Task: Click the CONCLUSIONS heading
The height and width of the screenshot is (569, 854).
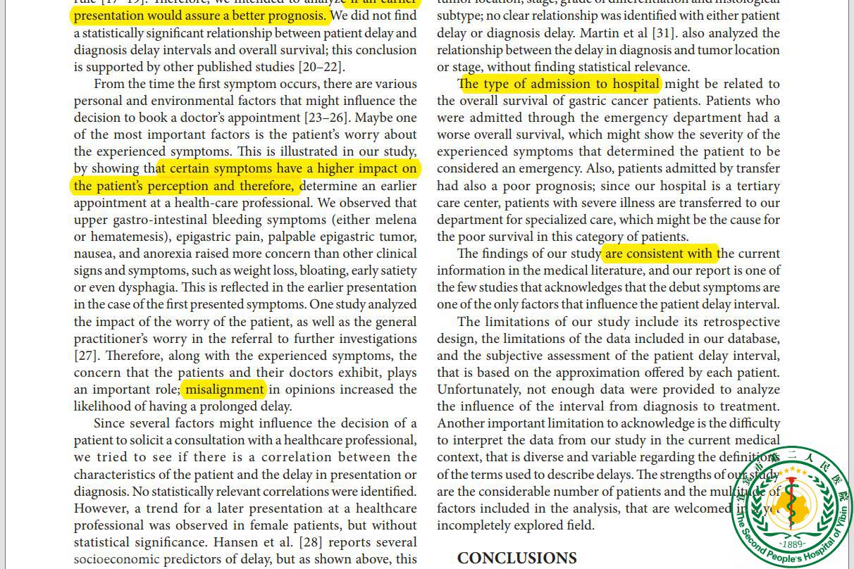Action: coord(516,558)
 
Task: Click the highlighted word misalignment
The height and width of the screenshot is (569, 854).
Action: coord(225,389)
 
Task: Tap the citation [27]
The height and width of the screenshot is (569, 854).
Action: coord(87,356)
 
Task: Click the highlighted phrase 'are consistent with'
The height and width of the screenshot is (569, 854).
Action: coord(660,254)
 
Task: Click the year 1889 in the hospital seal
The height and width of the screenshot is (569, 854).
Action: coord(792,544)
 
